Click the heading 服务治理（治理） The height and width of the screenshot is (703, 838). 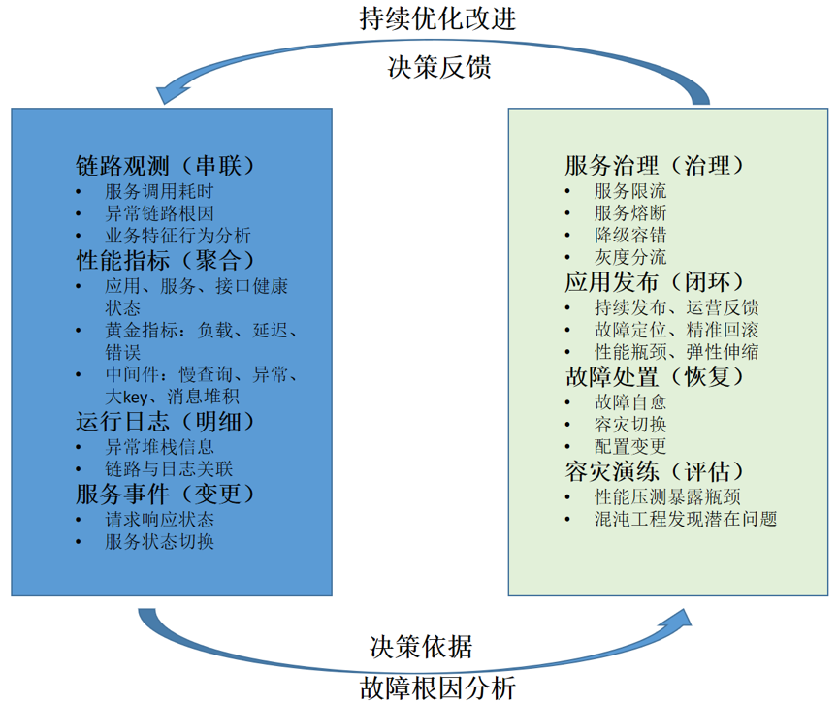pyautogui.click(x=656, y=166)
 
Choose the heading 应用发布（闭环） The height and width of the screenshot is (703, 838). pyautogui.click(x=656, y=282)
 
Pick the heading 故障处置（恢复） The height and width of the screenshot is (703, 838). pyautogui.click(x=656, y=376)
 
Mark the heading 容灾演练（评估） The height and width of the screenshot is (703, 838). pyautogui.click(x=656, y=470)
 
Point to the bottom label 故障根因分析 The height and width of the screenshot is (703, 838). pyautogui.click(x=437, y=687)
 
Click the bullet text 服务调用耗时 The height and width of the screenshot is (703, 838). pyautogui.click(x=159, y=191)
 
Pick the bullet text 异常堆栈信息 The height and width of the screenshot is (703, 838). pyautogui.click(x=159, y=447)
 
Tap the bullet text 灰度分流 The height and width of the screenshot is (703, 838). pyautogui.click(x=630, y=257)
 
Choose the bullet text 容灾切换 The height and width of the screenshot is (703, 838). pyautogui.click(x=630, y=424)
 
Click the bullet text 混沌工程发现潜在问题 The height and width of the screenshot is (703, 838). pyautogui.click(x=686, y=519)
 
